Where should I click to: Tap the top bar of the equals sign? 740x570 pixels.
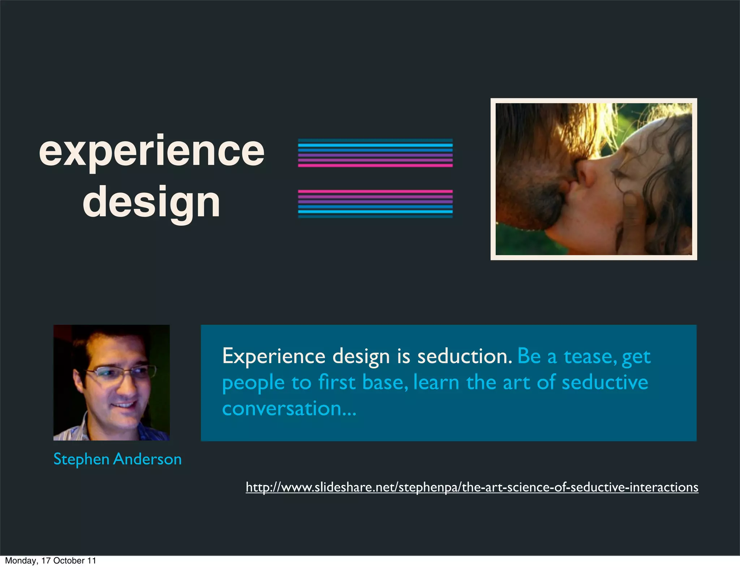pos(375,153)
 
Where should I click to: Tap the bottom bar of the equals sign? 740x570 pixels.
pos(375,204)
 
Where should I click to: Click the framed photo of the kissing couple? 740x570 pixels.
pos(593,179)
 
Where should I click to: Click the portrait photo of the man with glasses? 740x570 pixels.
pos(111,382)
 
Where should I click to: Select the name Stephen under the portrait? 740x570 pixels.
pos(81,459)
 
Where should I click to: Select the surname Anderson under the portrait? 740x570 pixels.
pos(147,459)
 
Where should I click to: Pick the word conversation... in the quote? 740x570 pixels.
pos(289,409)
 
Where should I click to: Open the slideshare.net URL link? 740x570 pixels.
pos(472,487)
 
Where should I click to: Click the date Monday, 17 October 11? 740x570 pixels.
pos(51,561)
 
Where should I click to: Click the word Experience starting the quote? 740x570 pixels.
pos(274,356)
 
